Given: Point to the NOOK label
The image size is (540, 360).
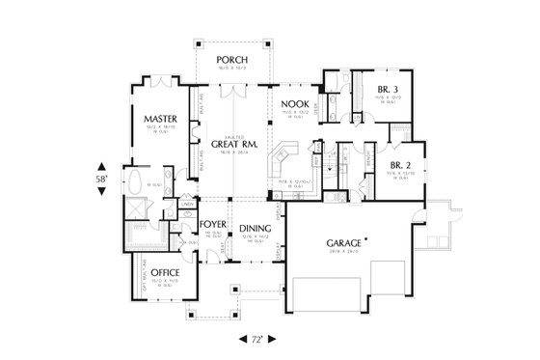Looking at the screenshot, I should click(293, 103).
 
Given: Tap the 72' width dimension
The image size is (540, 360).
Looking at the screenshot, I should click(256, 341).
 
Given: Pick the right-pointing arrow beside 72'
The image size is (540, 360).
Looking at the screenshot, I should click(271, 341).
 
